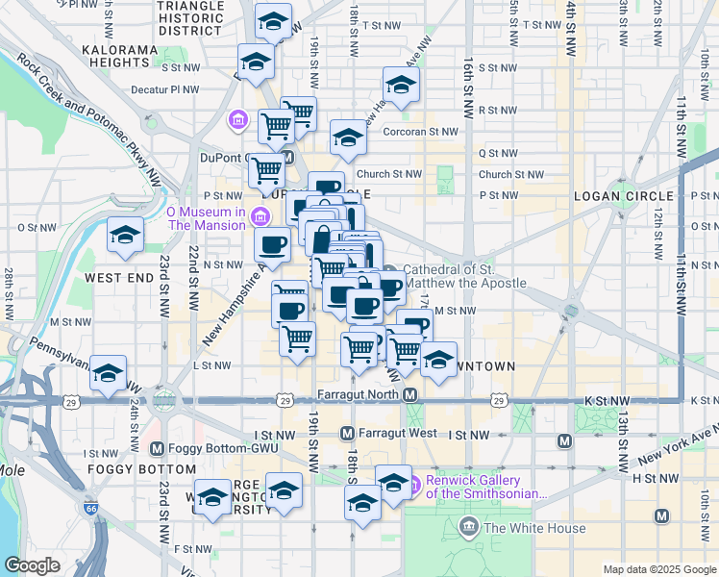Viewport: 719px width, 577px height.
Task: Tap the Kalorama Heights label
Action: [x=118, y=56]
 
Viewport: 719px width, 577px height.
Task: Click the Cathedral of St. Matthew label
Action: [x=464, y=276]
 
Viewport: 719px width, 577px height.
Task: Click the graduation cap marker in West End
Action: [x=125, y=236]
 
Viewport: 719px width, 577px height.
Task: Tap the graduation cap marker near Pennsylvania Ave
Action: [x=108, y=373]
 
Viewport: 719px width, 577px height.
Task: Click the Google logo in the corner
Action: [x=32, y=565]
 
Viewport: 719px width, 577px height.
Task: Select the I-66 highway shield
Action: [x=91, y=508]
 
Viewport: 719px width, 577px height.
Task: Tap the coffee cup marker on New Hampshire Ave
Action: [x=273, y=244]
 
